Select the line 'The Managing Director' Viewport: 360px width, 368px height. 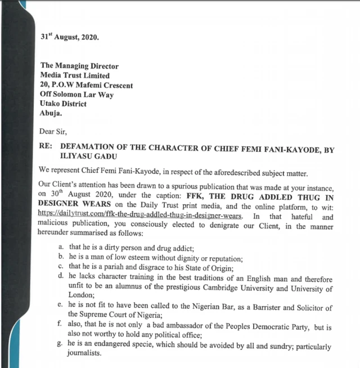tap(79, 66)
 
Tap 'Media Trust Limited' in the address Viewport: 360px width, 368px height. tap(75, 75)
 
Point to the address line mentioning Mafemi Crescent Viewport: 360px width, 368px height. tap(86, 85)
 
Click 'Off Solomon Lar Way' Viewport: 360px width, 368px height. tap(76, 95)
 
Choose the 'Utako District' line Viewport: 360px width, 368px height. tap(63, 104)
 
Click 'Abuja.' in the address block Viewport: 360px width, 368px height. tap(51, 113)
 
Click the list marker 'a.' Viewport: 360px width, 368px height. tap(60, 248)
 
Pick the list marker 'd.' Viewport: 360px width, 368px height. tap(60, 279)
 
